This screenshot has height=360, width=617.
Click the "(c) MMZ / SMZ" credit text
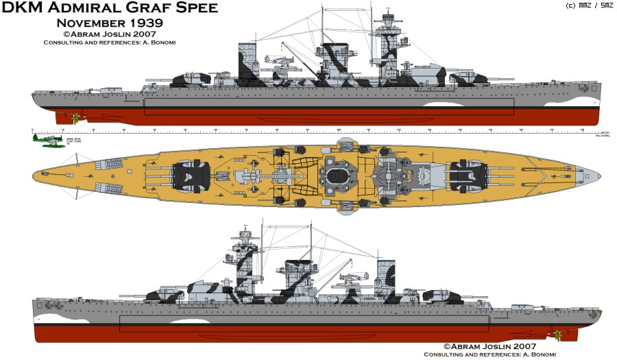[x=589, y=5]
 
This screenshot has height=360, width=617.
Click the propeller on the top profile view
[x=75, y=118]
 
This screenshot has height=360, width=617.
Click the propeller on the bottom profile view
[x=558, y=335]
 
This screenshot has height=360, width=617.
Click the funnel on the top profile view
[x=247, y=63]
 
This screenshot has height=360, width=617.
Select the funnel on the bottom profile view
[x=387, y=278]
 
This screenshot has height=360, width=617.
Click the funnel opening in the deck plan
[x=337, y=175]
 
